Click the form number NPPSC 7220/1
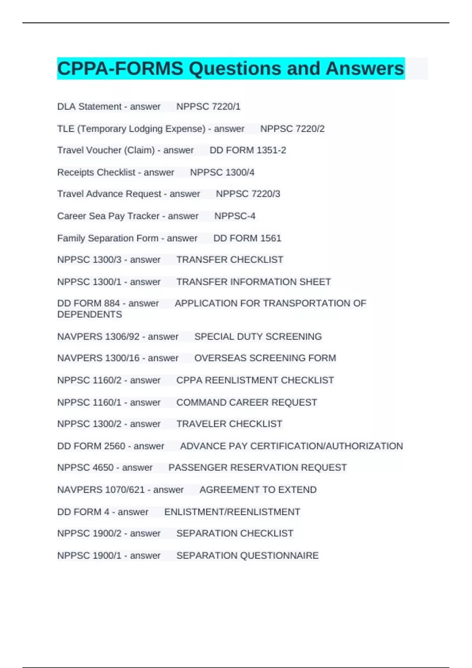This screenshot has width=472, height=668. coord(208,106)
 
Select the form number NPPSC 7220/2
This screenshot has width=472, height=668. coord(292,128)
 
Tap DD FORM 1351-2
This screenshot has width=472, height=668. coord(248,150)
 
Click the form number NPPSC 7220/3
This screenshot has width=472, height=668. coord(248,194)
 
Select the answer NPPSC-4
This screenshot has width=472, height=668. coord(235,216)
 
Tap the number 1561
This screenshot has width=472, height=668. coord(271,238)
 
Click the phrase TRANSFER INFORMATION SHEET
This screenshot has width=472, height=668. coord(253,282)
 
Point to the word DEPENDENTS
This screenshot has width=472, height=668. coord(90,314)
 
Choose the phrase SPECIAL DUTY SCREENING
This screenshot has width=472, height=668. coord(258,336)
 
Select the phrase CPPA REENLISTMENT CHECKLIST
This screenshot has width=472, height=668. coord(255,380)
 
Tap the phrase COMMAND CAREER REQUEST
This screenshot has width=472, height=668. coord(247,402)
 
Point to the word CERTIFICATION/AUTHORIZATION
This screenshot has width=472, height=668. coord(326,446)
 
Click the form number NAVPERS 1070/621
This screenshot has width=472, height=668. coord(101,490)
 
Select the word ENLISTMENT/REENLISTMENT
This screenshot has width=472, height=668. coord(232,512)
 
